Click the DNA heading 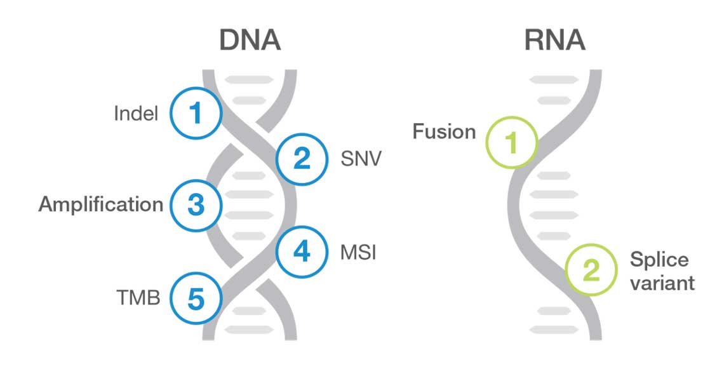click(250, 41)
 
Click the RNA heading click(554, 41)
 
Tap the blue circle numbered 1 click(195, 114)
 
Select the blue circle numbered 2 click(302, 159)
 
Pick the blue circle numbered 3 click(196, 204)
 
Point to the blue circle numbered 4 click(302, 252)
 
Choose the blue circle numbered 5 click(196, 297)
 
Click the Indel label click(136, 114)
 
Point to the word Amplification click(101, 204)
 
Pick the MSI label click(359, 253)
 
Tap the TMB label click(138, 297)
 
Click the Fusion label click(444, 131)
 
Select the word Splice click(659, 260)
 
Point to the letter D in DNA click(230, 41)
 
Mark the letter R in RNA click(535, 41)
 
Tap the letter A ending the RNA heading click(575, 41)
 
